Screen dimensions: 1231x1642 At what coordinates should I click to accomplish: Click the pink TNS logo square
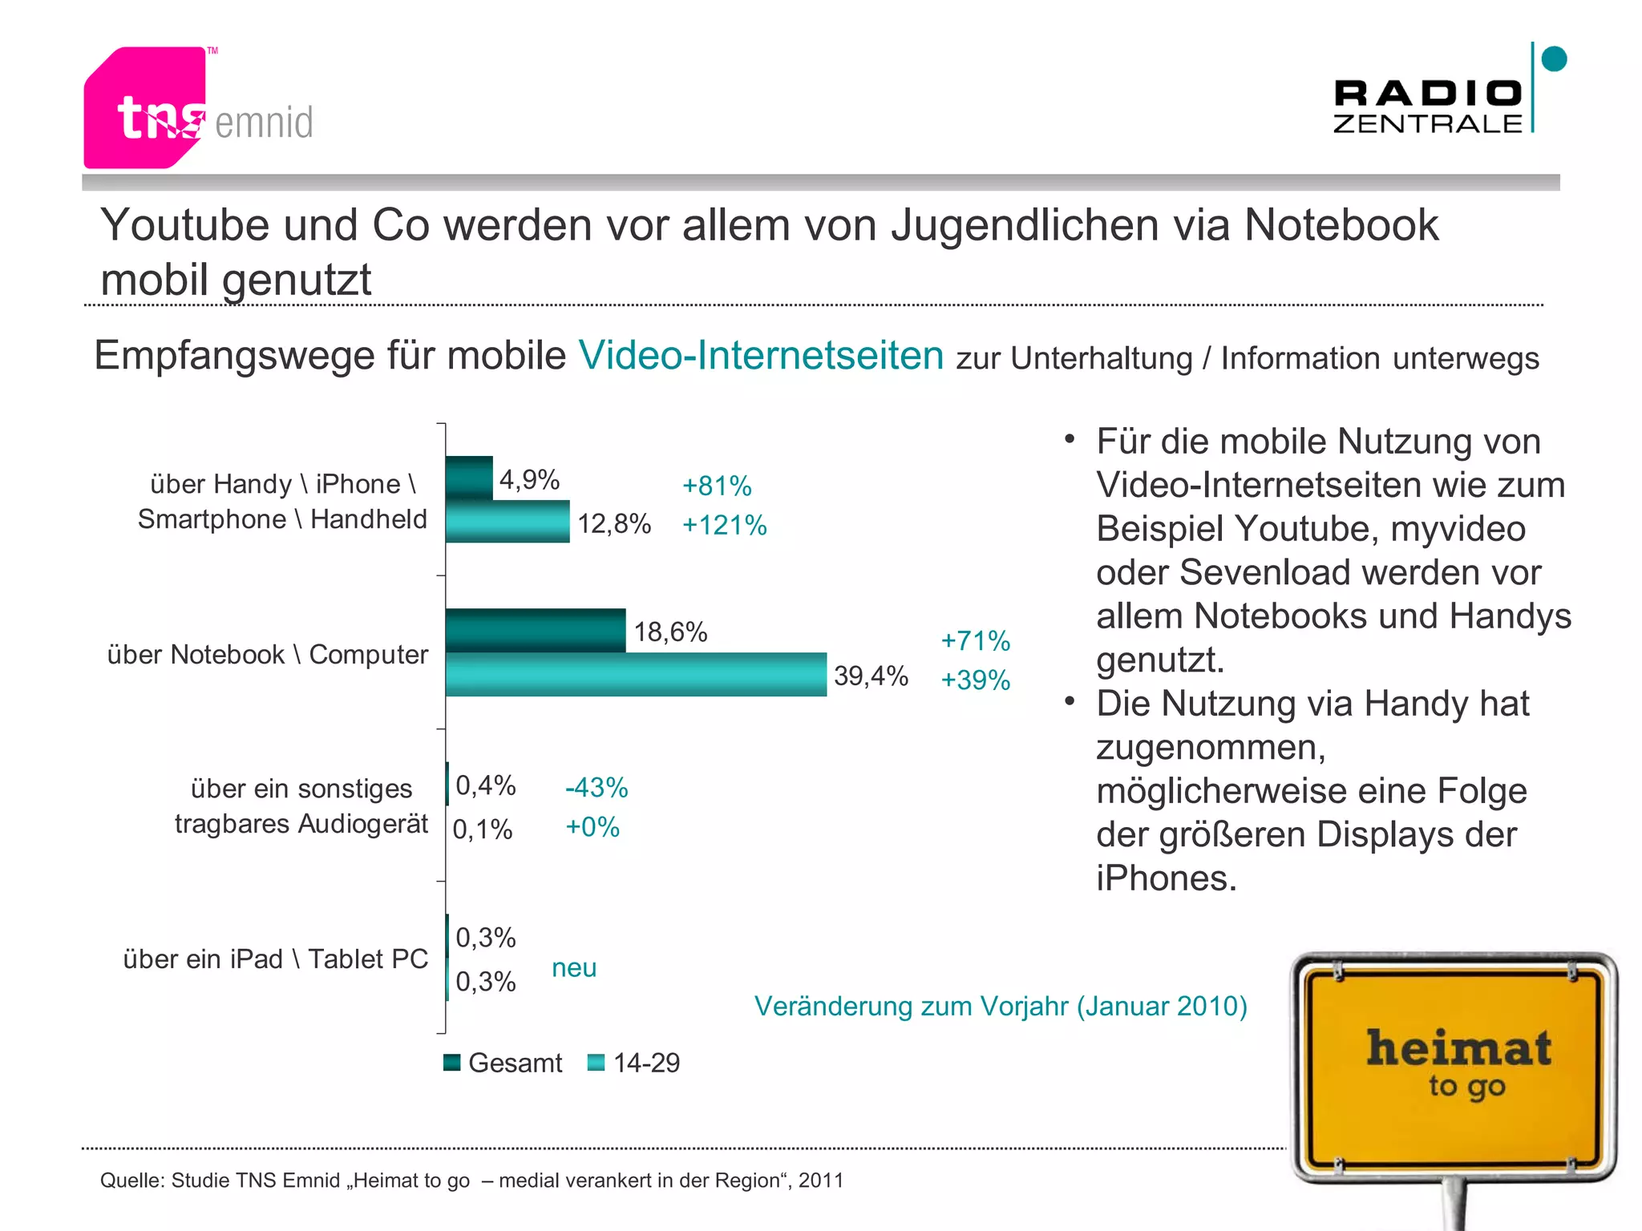point(144,108)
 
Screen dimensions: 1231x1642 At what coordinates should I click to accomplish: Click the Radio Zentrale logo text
point(1427,107)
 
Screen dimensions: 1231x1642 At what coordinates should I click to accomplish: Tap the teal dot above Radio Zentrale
point(1554,59)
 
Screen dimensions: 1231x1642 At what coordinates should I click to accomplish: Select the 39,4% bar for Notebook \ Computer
point(636,675)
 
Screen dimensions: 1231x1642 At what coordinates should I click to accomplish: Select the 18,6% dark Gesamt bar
point(536,631)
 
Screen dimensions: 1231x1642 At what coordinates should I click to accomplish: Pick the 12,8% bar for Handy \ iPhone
point(508,522)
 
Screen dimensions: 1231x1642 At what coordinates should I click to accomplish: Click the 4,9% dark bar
point(469,478)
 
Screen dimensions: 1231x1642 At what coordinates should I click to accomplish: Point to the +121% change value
point(724,526)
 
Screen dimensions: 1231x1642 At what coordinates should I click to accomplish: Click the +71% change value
point(975,641)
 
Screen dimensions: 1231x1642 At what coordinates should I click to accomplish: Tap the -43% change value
point(597,788)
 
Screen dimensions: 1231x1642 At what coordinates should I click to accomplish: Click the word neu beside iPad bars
point(574,968)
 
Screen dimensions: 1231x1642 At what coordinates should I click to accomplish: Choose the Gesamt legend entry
point(504,1064)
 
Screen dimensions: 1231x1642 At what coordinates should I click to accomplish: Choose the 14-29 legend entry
point(634,1064)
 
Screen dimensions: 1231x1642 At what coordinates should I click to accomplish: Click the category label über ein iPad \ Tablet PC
point(275,959)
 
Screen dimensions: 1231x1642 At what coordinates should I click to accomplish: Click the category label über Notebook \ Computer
point(268,655)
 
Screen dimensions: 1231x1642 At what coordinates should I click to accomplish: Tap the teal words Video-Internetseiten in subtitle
point(761,356)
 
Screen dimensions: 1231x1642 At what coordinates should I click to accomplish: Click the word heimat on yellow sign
point(1458,1049)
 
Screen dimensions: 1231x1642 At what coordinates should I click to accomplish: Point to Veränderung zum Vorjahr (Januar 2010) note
point(1001,1007)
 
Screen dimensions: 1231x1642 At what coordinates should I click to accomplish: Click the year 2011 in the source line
point(821,1181)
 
